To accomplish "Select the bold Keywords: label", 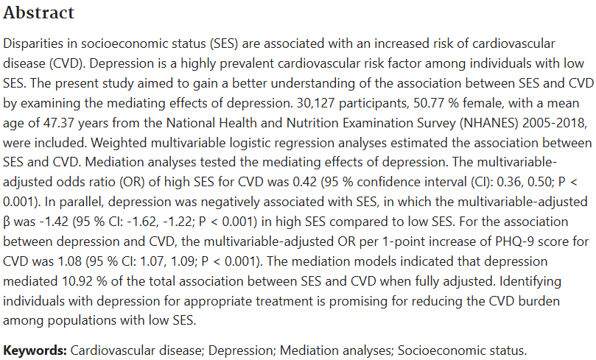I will (35, 350).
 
